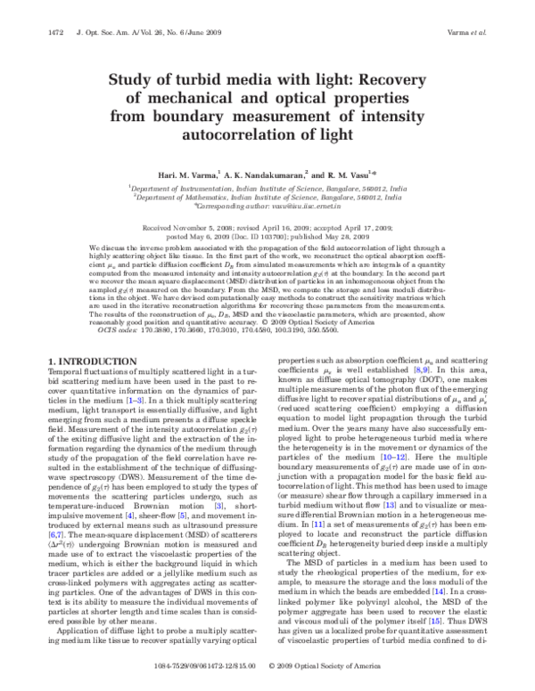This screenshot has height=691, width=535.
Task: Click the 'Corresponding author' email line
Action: coord(267,207)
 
